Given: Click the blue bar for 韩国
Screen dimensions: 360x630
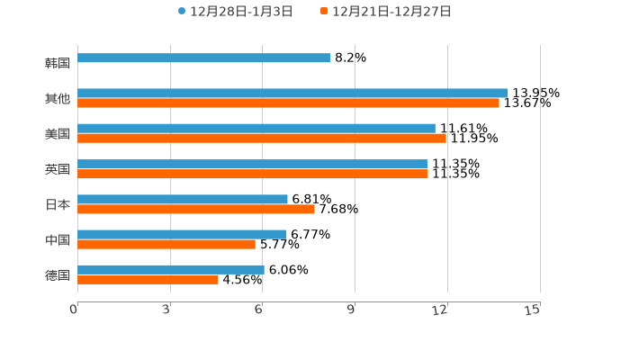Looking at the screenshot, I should click(203, 58).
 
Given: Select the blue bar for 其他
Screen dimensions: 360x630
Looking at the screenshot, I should click(292, 93).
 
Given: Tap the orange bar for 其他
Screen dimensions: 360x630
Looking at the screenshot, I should click(288, 103).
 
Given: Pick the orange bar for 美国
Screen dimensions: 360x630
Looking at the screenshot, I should click(261, 139).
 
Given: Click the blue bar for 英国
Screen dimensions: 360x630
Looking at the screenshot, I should click(252, 164).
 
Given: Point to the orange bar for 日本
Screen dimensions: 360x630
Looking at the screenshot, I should click(196, 209).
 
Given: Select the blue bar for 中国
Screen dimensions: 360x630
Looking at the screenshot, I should click(182, 234).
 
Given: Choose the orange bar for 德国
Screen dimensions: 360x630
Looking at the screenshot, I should click(148, 280).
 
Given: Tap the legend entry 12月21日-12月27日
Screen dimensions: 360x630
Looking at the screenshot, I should click(391, 12).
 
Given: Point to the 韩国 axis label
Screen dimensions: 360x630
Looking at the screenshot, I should click(58, 64).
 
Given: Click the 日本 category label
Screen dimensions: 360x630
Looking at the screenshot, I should click(58, 204).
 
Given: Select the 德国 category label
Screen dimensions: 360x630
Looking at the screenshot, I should click(58, 274).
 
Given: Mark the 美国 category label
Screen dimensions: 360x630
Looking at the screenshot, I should click(58, 134).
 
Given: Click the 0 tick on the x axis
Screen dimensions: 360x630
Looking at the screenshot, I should click(74, 310).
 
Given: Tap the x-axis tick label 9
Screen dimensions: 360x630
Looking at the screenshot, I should click(352, 310).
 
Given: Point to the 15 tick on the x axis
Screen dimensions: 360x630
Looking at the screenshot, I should click(533, 310).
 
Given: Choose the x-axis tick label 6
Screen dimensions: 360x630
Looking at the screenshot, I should click(259, 310).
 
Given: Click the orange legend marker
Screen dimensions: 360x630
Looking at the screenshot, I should click(324, 12).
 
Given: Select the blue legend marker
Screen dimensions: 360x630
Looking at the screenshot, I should click(182, 12).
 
